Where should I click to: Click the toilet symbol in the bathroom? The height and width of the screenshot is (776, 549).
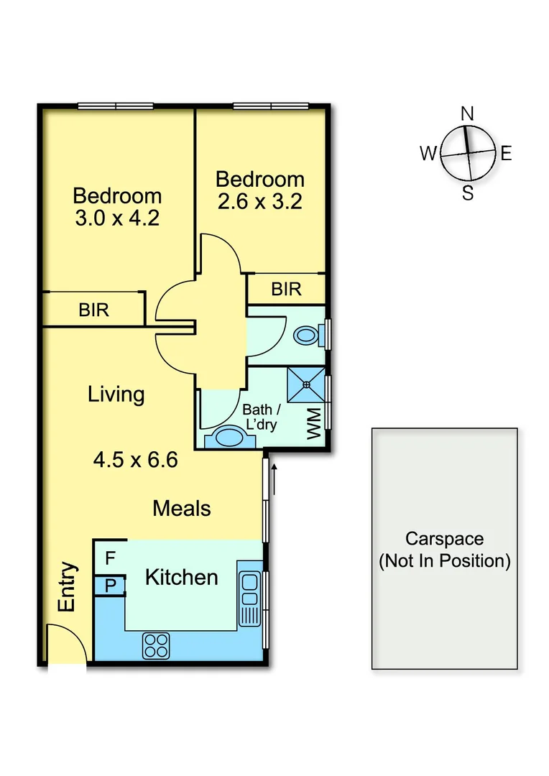308,335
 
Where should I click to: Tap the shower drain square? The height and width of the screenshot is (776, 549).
307,385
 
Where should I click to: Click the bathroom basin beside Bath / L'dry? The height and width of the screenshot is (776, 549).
229,438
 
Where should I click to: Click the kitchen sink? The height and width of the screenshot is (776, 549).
249,589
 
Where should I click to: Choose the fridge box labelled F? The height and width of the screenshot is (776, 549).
110,558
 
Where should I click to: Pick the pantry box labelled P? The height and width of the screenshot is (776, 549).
110,586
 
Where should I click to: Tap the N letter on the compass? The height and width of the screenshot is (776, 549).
467,114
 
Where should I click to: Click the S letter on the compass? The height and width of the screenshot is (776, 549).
468,193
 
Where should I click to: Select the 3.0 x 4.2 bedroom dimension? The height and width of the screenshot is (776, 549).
116,218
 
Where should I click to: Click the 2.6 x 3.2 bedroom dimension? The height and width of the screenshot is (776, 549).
259,201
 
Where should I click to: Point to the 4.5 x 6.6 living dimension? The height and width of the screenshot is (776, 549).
136,459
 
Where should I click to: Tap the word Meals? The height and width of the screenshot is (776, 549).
182,509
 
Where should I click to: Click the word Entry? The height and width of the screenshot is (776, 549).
66,587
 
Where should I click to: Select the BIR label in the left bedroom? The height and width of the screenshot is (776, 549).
93,310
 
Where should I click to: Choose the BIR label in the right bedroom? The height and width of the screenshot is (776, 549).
286,290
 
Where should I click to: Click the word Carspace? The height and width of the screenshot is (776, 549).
444,539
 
